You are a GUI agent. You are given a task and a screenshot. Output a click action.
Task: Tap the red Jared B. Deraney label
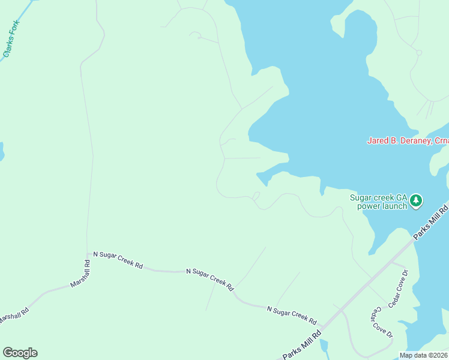tap(399, 141)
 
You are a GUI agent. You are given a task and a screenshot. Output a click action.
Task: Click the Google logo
tap(20, 353)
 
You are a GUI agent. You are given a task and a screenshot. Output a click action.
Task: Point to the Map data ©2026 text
tap(423, 355)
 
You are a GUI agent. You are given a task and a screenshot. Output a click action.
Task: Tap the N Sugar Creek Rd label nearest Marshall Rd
tap(114, 262)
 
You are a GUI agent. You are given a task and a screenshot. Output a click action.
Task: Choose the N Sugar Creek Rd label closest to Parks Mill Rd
tap(291, 314)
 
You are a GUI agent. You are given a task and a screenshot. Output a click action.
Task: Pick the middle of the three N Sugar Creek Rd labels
tap(209, 280)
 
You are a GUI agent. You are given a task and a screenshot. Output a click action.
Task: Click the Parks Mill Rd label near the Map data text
tap(302, 345)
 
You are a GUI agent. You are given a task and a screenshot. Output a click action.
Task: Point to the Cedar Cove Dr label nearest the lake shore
tap(398, 289)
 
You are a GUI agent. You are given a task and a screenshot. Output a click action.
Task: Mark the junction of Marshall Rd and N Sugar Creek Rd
tap(88, 254)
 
